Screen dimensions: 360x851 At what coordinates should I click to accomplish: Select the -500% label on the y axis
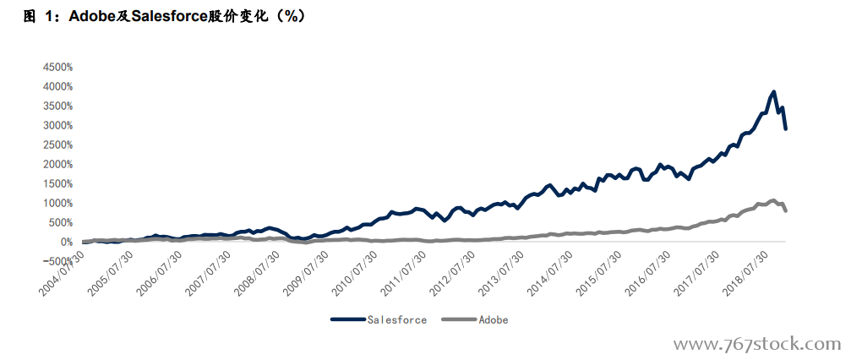(x=56, y=261)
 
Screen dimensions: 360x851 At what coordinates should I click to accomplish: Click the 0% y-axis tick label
(x=64, y=242)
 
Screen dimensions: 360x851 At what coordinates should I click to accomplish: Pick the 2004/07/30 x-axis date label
(x=63, y=272)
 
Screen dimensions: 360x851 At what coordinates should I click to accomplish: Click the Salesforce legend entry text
(x=396, y=319)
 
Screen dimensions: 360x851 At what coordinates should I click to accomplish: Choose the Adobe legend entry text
(x=494, y=319)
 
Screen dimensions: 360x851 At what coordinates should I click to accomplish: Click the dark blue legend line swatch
(x=346, y=319)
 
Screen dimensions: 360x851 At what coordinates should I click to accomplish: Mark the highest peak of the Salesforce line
(x=773, y=92)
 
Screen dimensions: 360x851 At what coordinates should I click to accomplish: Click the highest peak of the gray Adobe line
(x=773, y=200)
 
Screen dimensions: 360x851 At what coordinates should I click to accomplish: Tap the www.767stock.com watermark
(x=756, y=344)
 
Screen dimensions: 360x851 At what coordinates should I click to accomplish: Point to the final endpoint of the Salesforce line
(x=786, y=128)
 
